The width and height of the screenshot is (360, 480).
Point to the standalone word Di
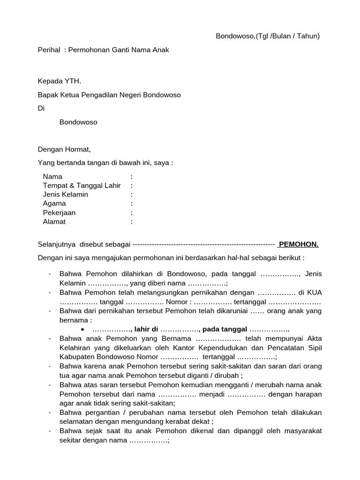click(x=41, y=108)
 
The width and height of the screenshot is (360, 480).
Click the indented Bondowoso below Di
click(x=78, y=122)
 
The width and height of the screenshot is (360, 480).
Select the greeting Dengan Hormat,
click(x=64, y=150)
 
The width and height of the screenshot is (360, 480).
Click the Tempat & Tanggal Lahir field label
click(x=82, y=186)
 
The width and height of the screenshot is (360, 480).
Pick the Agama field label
click(x=54, y=203)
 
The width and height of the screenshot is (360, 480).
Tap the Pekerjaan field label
click(x=59, y=212)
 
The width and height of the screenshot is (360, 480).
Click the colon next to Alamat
click(x=132, y=222)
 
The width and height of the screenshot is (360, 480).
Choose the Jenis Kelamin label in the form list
click(x=66, y=195)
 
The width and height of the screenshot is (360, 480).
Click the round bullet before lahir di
click(x=82, y=329)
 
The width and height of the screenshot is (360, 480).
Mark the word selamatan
click(x=76, y=421)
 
